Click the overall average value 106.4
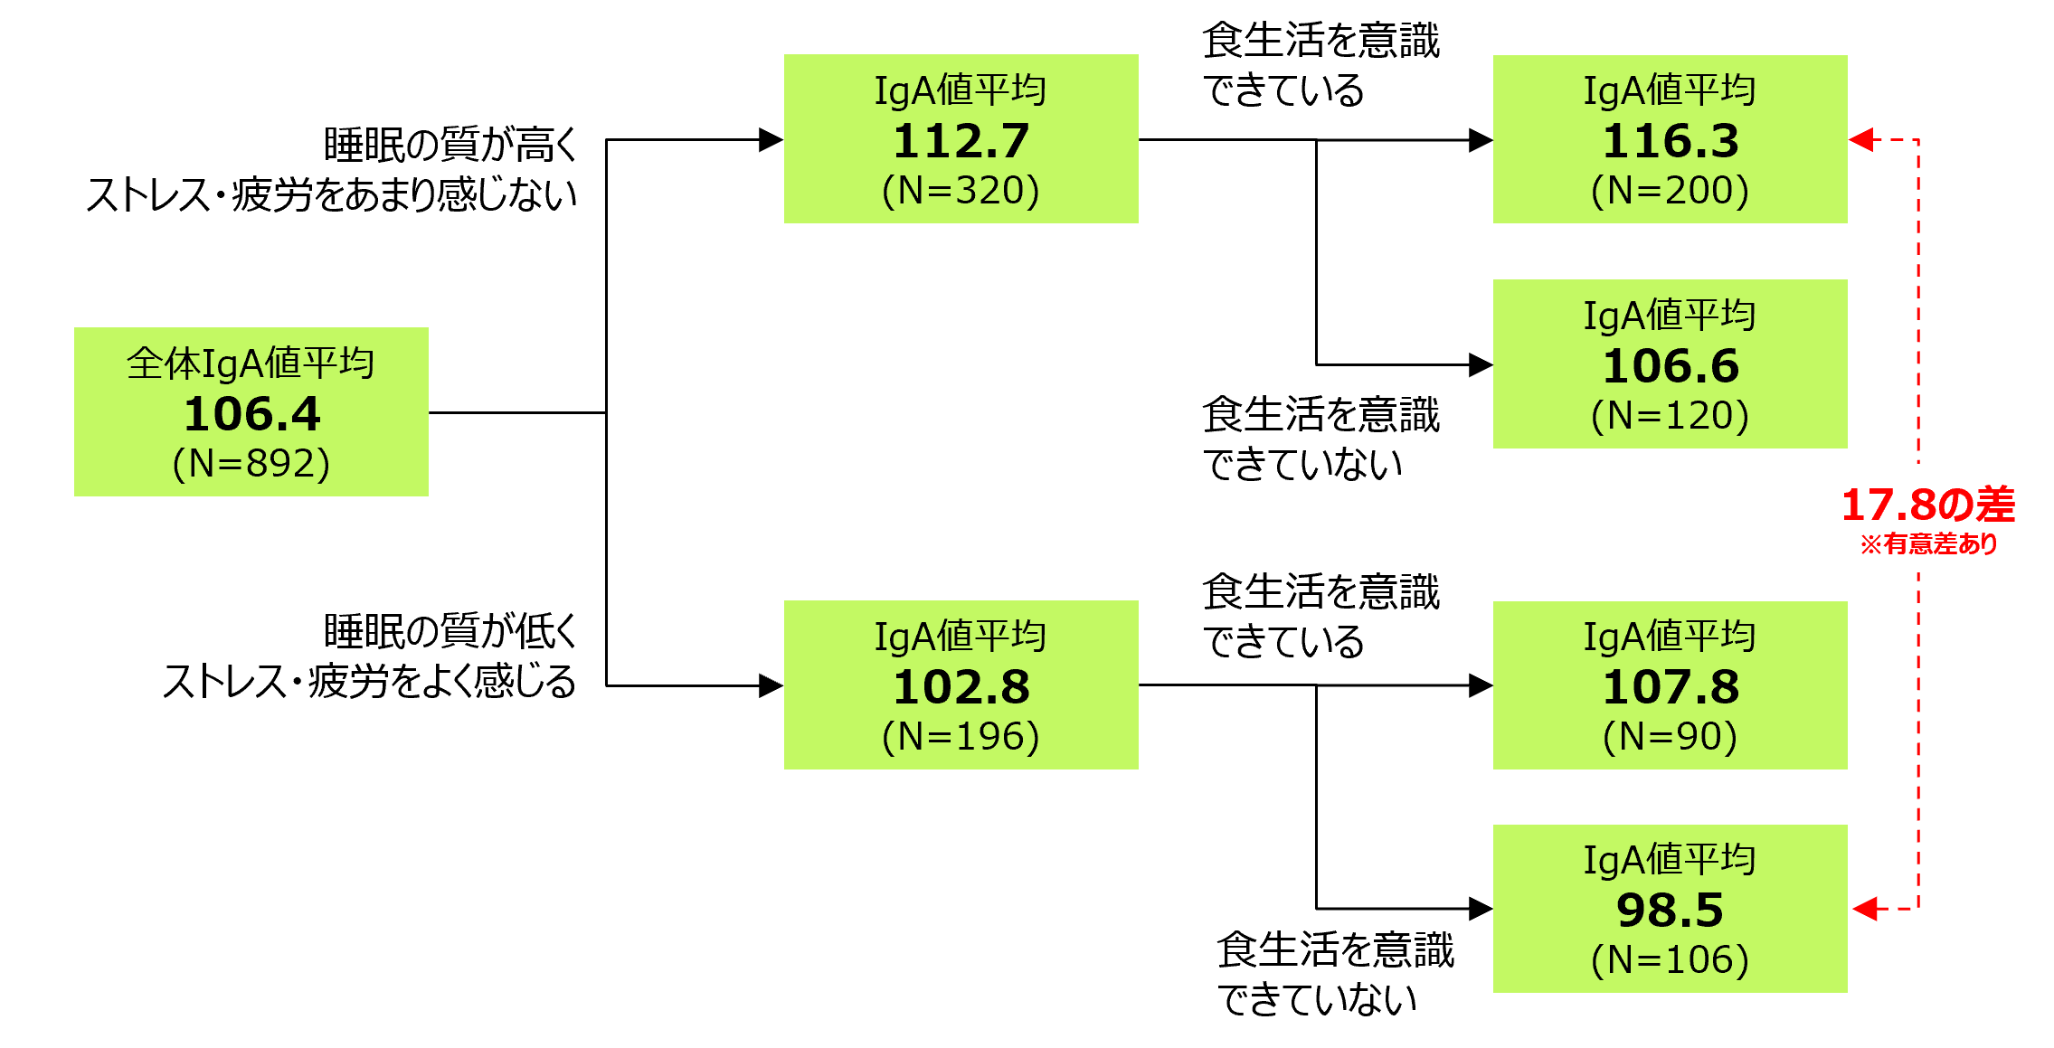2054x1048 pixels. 251,414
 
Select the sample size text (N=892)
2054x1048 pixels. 251,463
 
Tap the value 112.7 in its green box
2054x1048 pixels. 961,141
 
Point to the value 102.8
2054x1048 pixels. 961,687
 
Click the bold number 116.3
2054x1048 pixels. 1671,141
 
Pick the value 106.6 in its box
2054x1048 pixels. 1671,366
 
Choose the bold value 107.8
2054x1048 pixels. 1671,687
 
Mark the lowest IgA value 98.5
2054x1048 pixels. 1671,910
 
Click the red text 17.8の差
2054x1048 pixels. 1928,505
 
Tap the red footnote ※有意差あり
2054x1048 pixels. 1928,543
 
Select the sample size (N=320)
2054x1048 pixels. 961,191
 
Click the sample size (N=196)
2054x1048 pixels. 961,737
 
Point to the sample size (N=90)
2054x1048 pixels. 1671,737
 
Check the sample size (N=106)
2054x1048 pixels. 1671,959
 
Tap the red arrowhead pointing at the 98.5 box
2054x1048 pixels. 1865,909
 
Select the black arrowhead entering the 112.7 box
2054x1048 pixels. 771,140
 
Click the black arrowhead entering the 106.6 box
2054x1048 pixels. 1481,365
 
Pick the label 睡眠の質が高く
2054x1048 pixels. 450,145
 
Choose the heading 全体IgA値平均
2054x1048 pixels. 251,363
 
